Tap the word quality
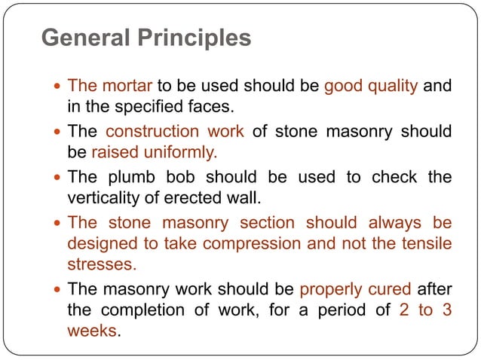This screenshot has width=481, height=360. pos(391,86)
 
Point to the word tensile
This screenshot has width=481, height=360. pos(425,243)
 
